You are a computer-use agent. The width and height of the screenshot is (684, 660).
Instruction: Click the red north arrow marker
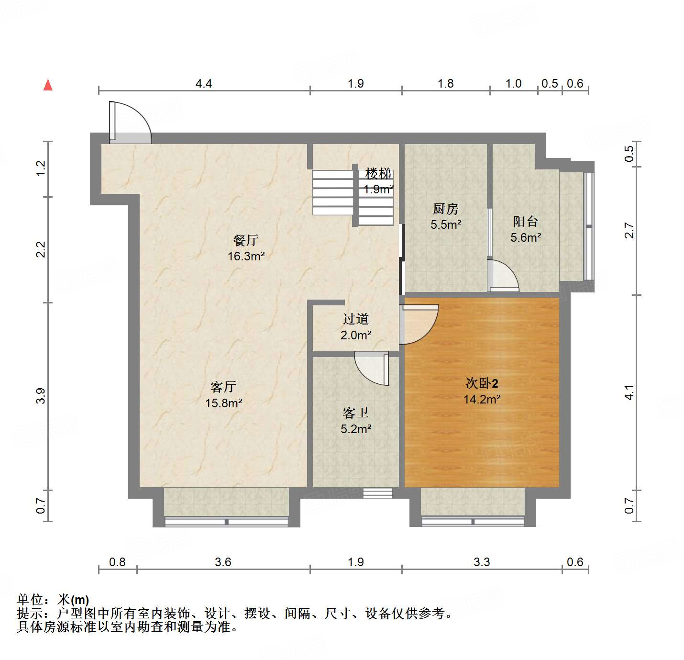48,85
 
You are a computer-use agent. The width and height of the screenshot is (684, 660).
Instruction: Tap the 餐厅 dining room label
246,240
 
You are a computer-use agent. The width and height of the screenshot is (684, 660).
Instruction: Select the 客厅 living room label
223,387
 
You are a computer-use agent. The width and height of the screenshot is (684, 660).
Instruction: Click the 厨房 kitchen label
445,209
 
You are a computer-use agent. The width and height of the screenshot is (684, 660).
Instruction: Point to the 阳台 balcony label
525,221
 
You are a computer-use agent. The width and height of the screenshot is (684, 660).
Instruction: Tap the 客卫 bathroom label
356,413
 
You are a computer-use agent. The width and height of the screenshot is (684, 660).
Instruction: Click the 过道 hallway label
356,319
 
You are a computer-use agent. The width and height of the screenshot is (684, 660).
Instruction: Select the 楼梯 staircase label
378,173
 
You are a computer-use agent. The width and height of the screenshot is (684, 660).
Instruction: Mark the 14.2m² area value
482,399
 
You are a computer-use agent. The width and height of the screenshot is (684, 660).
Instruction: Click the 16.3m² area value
246,256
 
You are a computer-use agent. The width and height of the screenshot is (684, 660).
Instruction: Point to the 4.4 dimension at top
204,84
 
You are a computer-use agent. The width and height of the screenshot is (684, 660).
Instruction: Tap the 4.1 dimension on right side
629,392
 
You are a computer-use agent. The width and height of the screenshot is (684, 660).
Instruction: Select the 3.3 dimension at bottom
482,562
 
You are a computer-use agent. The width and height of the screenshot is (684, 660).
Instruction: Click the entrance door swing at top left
129,123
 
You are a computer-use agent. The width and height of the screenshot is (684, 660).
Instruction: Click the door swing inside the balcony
503,276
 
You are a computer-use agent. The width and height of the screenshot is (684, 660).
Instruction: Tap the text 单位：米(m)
53,599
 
